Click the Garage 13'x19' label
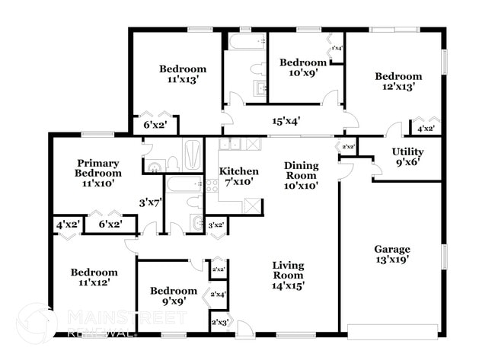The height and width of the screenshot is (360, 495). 391,255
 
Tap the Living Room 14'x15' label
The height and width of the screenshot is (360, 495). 289,276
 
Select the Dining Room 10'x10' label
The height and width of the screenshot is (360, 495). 301,175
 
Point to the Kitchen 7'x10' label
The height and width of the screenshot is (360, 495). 238,177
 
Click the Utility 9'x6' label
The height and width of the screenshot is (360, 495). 407,157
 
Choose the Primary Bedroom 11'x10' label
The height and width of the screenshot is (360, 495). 97,173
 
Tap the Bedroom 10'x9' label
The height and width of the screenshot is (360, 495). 302,68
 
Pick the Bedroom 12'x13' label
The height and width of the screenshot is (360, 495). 398,81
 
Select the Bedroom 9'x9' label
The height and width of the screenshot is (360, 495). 173,296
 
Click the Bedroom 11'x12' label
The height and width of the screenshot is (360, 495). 94,277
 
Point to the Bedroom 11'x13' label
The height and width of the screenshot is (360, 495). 181,73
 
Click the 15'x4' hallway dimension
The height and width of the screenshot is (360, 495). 286,120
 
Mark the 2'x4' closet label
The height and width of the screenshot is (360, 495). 219,295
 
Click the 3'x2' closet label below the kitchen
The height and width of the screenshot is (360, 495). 216,225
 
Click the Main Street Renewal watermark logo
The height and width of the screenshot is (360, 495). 36,322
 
